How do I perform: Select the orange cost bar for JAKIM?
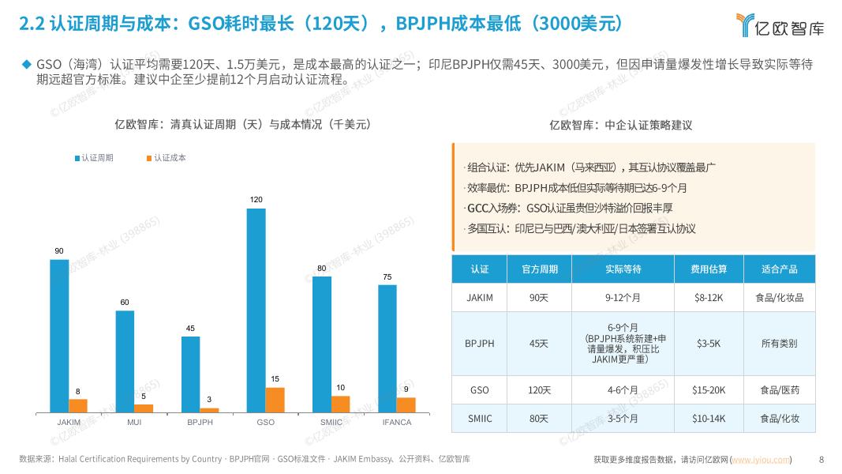coord(78,405)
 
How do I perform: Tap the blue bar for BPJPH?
coord(190,374)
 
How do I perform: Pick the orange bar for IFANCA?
coord(406,404)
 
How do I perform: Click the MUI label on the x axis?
coord(134,422)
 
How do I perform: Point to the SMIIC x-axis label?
coord(331,422)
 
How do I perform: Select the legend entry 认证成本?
coord(167,158)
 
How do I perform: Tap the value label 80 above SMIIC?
coord(321,269)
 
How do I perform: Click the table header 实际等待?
coord(623,269)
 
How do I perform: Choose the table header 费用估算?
coord(709,269)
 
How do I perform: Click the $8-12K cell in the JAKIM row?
coord(709,298)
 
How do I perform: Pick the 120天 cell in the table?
coord(540,390)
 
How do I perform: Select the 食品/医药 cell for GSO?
coord(779,390)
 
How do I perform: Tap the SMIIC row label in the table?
coord(480,419)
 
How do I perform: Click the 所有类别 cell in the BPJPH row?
coord(779,344)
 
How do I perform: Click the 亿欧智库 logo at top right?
coord(780,25)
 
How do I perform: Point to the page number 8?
coord(821,459)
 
